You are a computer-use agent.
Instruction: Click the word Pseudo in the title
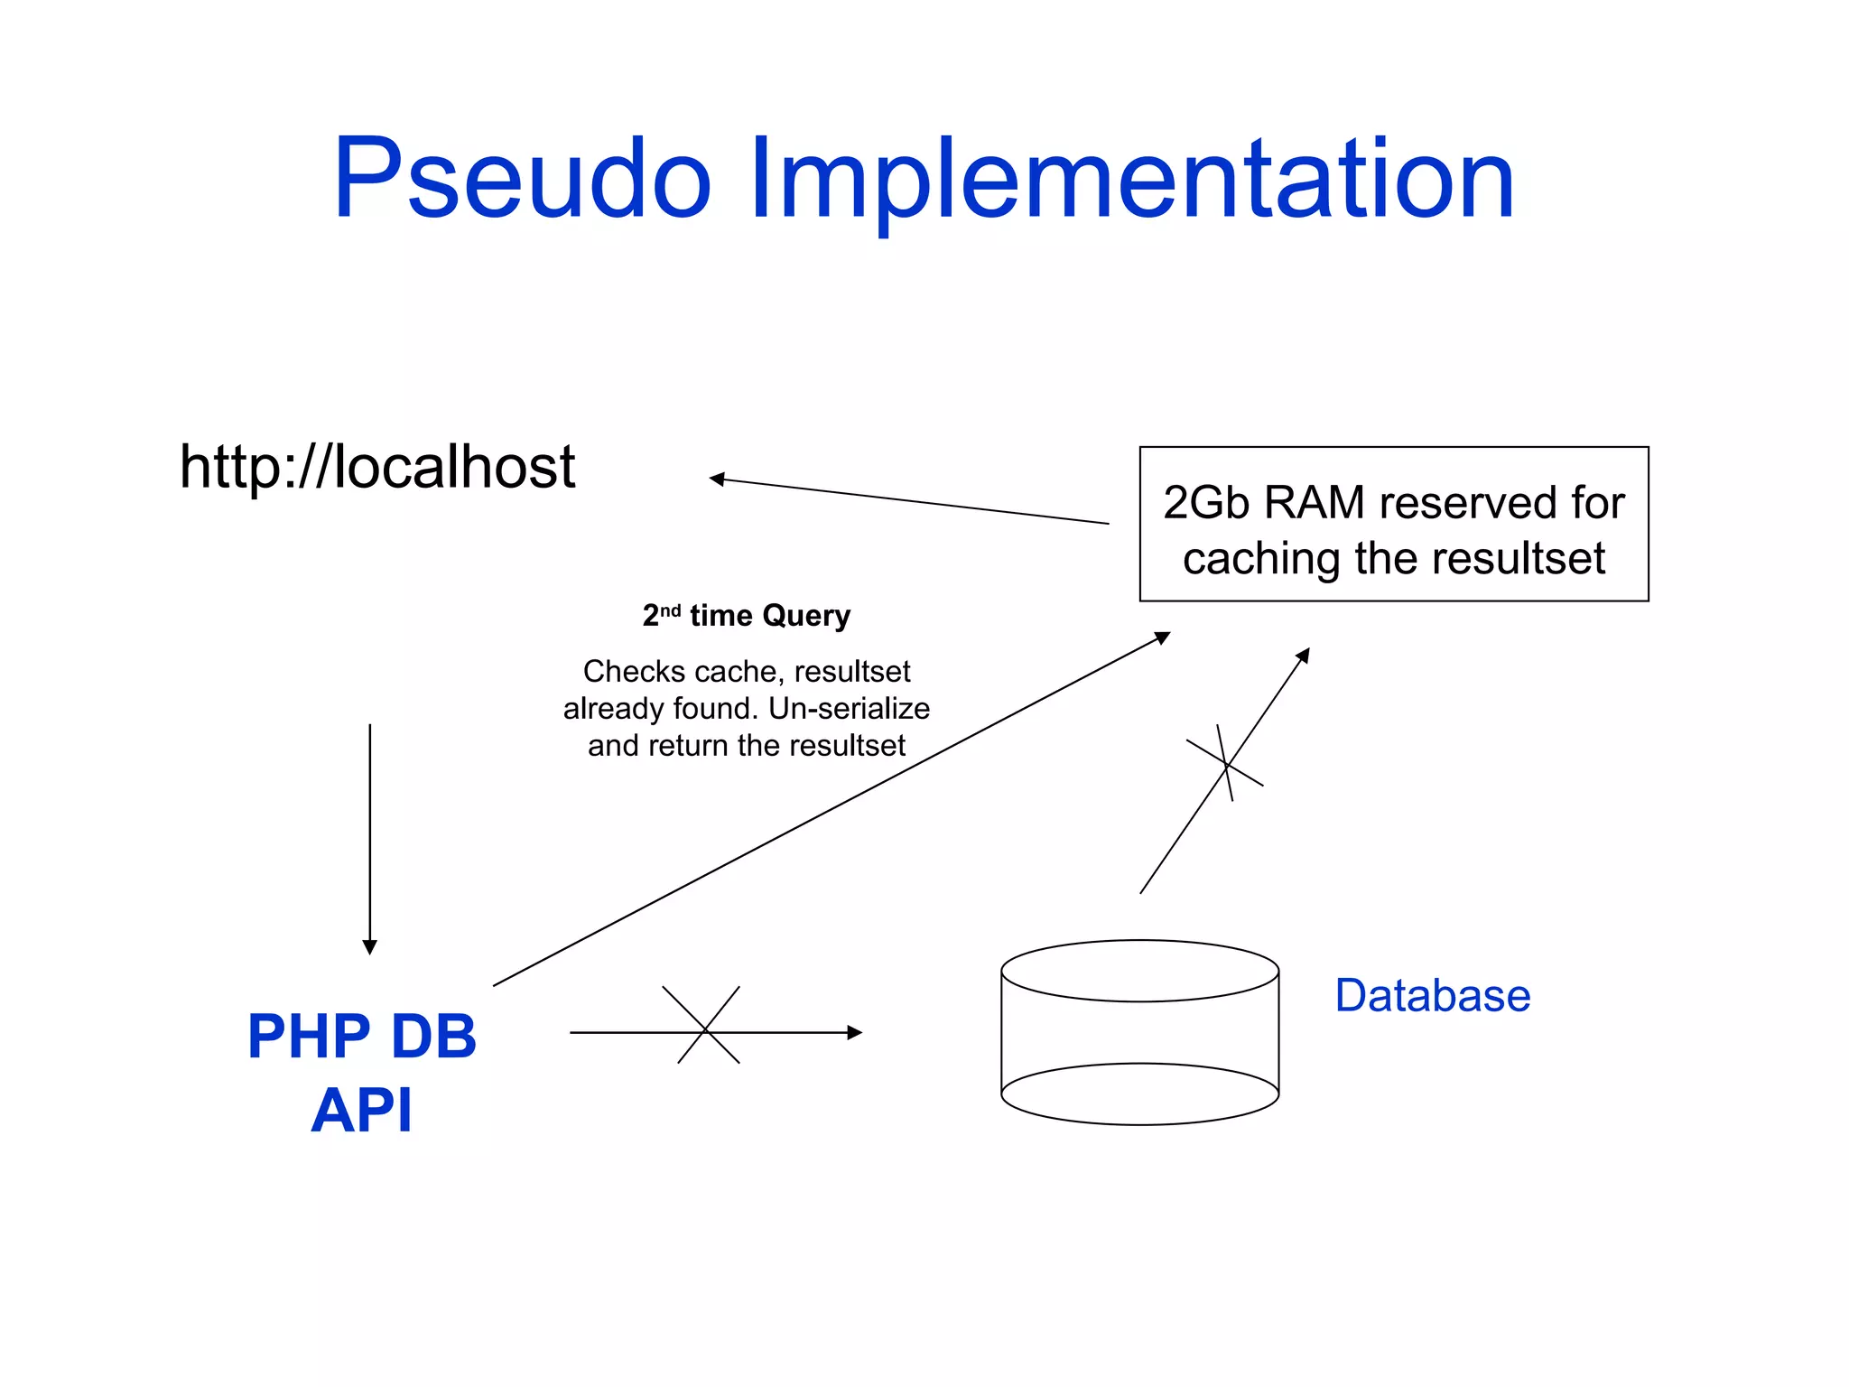tap(522, 178)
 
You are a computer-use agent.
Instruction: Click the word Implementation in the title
tap(1130, 178)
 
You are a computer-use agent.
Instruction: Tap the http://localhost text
tap(376, 467)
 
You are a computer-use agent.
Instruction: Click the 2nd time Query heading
tap(746, 616)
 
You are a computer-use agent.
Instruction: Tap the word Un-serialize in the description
tap(849, 709)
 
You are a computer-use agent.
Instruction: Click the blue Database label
tap(1432, 996)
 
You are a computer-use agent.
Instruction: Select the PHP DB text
tap(361, 1036)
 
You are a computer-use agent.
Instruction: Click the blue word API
tap(361, 1110)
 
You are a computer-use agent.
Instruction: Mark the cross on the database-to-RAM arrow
tap(1226, 765)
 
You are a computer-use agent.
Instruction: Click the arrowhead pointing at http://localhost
tap(717, 479)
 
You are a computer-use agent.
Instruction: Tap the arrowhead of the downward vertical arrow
tap(369, 946)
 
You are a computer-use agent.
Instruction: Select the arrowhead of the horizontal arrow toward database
tap(854, 1032)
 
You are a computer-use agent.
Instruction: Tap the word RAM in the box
tap(1314, 503)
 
